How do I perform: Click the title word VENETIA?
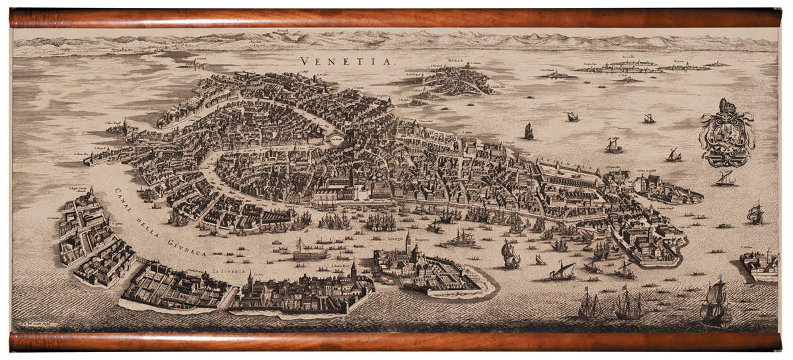pyautogui.click(x=346, y=61)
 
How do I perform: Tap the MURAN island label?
pyautogui.click(x=455, y=59)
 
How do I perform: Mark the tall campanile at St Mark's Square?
pyautogui.click(x=351, y=175)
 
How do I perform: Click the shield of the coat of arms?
pyautogui.click(x=727, y=135)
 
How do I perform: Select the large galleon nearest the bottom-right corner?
pyautogui.click(x=716, y=303)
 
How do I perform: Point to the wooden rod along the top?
pyautogui.click(x=397, y=18)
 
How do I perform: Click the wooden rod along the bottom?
pyautogui.click(x=397, y=342)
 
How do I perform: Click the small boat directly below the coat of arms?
pyautogui.click(x=724, y=179)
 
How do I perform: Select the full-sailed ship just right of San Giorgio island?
pyautogui.click(x=510, y=254)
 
